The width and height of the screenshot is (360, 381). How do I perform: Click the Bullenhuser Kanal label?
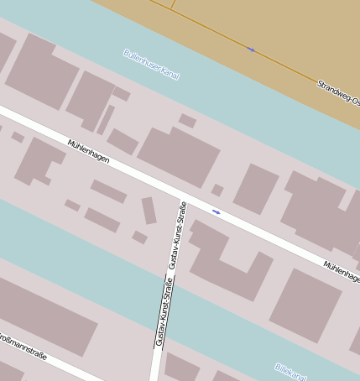click(151, 64)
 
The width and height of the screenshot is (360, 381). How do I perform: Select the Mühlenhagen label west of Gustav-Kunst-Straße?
click(89, 153)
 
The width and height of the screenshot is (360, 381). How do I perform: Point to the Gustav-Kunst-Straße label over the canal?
click(160, 311)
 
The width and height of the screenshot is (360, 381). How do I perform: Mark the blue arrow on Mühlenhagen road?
click(217, 211)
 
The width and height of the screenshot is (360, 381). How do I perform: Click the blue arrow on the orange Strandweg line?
click(251, 50)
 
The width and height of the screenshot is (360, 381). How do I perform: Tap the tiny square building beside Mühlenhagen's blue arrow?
click(217, 190)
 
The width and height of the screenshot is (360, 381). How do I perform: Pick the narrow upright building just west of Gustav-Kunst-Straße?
click(149, 210)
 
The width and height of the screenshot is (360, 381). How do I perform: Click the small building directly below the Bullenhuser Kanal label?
click(187, 121)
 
